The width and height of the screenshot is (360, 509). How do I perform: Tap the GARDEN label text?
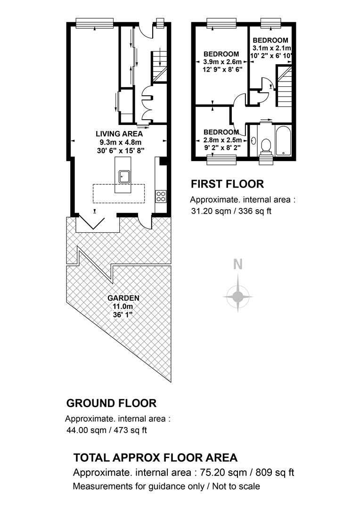pos(123,298)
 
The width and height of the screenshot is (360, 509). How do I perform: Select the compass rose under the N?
pos(237,296)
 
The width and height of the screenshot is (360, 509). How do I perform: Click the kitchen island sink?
pos(124,176)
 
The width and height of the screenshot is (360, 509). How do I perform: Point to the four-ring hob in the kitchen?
pos(161,196)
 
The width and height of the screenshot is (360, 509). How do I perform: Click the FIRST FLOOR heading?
pos(227,184)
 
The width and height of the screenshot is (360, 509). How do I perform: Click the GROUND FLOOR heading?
pos(111,403)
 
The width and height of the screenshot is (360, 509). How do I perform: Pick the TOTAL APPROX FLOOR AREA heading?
pos(155,458)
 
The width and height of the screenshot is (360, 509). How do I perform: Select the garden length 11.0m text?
pos(123,306)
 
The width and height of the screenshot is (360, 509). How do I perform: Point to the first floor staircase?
pos(284,87)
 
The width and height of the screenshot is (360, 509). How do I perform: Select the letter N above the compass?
pos(238,265)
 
